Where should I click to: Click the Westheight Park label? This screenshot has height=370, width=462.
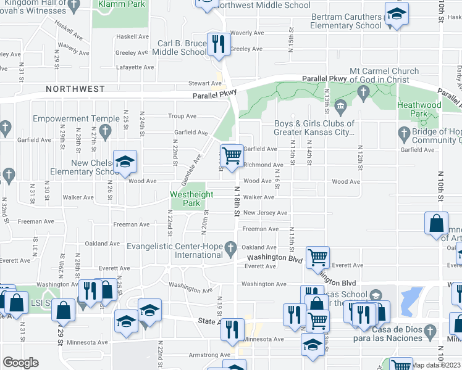point(193,199)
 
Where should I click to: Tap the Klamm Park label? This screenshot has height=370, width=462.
point(120,4)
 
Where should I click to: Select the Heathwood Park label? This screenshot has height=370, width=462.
point(419,109)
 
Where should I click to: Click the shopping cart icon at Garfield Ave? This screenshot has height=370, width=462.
point(232,155)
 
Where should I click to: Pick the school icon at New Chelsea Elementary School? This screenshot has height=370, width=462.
point(125,162)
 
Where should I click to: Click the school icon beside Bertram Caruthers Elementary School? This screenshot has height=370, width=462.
point(395,14)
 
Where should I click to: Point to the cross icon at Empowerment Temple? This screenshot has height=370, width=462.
point(106,131)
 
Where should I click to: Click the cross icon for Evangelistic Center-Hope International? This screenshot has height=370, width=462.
point(230,249)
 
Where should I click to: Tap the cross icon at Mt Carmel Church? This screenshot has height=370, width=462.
point(364,93)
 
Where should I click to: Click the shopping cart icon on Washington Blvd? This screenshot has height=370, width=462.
point(317,257)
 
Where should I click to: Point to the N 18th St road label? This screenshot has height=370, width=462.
point(237,200)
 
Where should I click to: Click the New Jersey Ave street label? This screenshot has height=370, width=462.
point(265,213)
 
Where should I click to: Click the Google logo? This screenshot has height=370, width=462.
point(21,362)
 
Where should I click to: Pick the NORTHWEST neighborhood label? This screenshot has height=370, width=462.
point(75,89)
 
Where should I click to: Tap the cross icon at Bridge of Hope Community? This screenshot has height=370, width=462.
point(404,133)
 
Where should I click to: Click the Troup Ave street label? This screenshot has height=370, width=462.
point(182,116)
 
